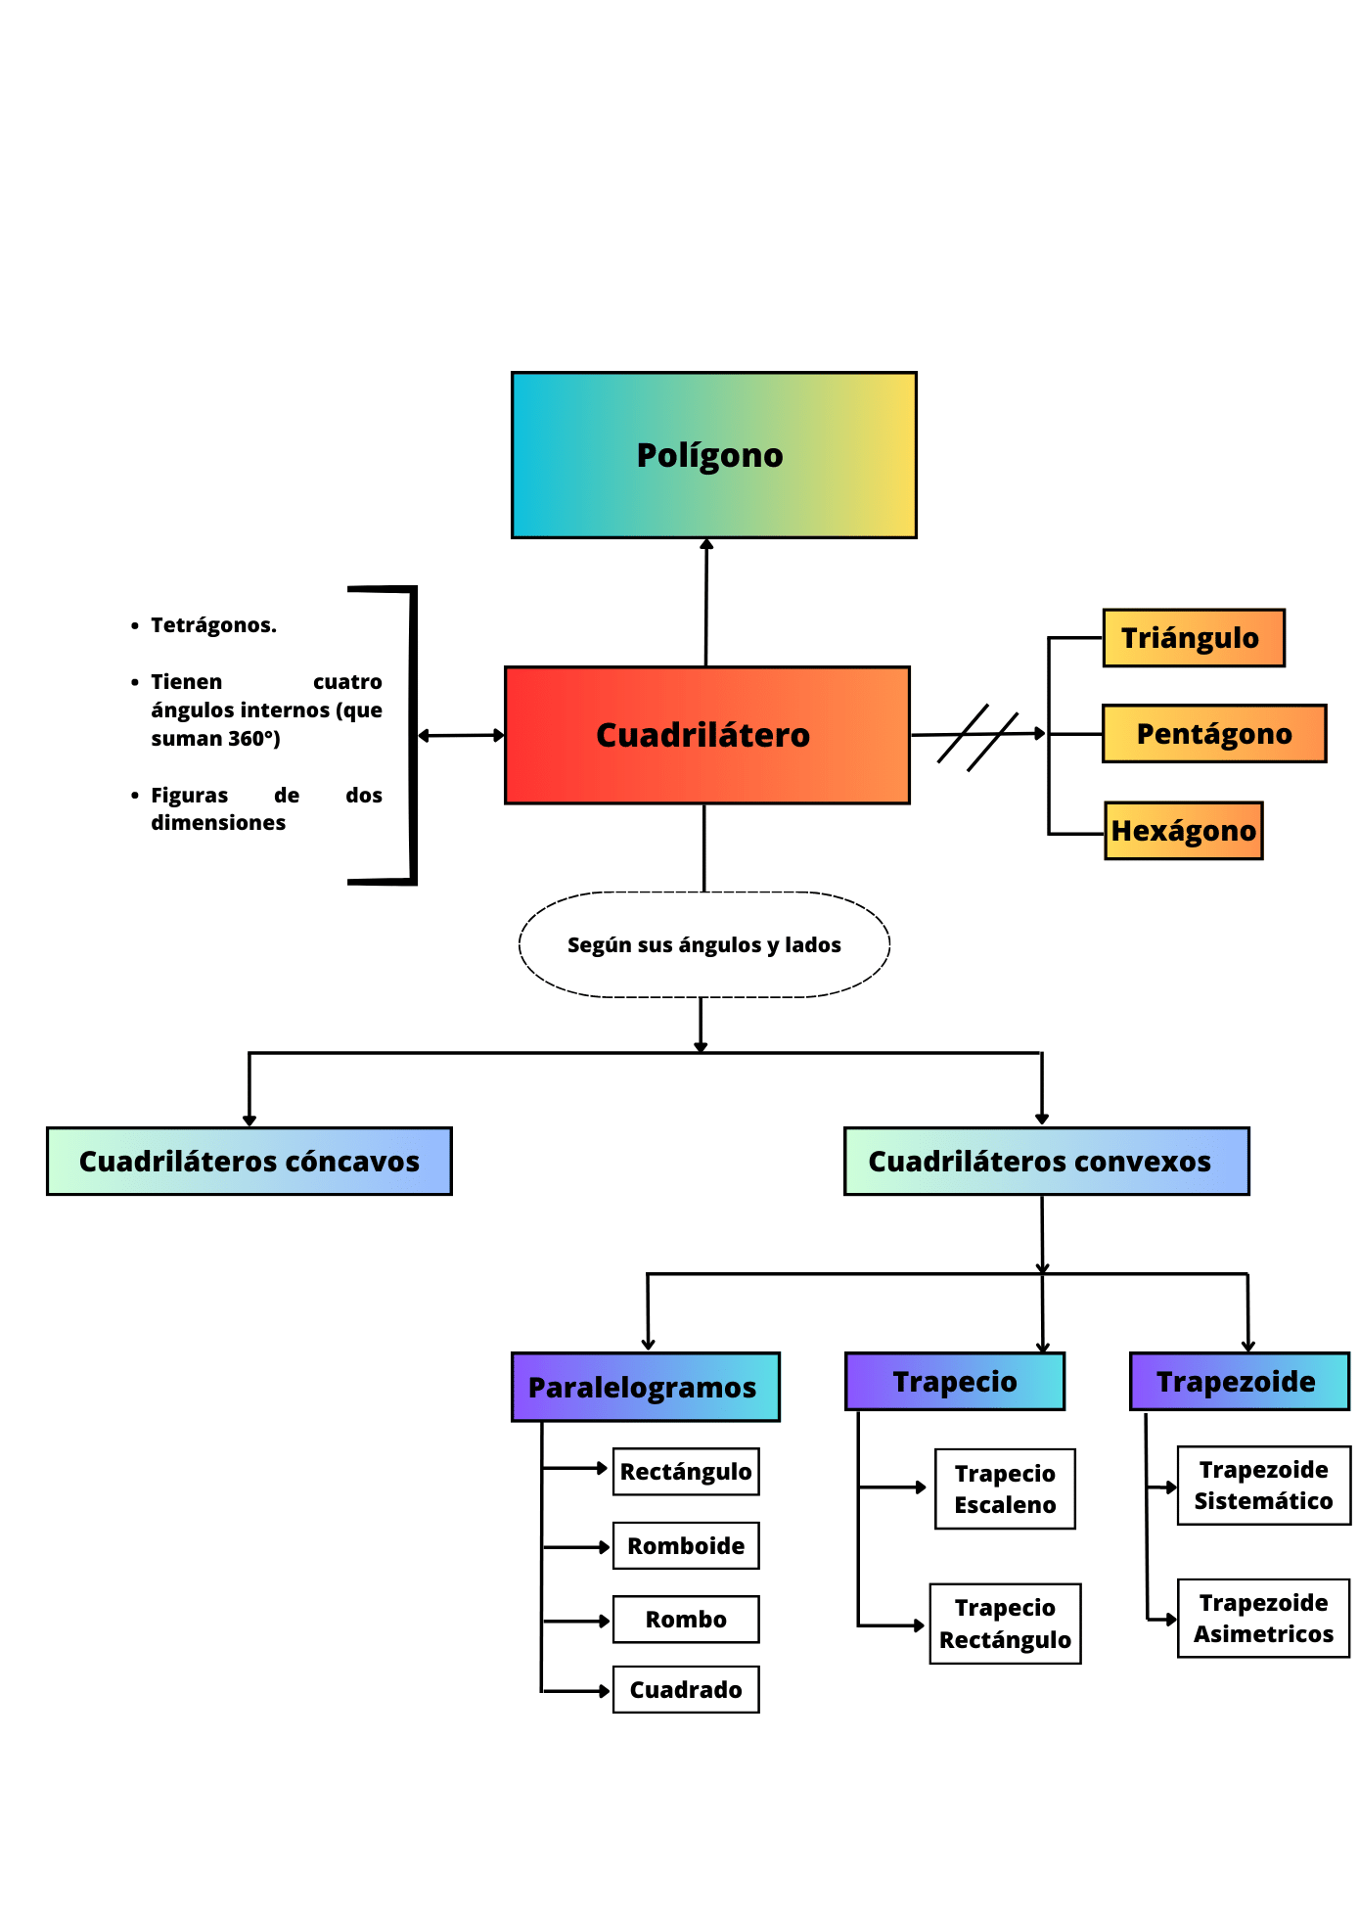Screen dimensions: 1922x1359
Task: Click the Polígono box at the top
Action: click(x=713, y=455)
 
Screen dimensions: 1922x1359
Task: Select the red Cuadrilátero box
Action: click(x=706, y=735)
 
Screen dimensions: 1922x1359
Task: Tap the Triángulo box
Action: click(x=1193, y=638)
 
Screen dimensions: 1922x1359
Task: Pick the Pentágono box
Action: click(x=1213, y=733)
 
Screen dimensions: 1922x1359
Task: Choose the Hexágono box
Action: click(x=1183, y=831)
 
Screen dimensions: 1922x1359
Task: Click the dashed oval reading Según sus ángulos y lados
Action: click(x=703, y=944)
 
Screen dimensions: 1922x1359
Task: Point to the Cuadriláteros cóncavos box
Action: click(x=249, y=1161)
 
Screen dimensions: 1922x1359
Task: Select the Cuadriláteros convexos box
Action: click(x=1046, y=1161)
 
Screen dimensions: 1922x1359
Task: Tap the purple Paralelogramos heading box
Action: click(x=645, y=1387)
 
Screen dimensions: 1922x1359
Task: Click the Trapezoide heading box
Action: click(x=1239, y=1381)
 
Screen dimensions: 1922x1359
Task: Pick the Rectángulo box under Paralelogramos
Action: click(x=685, y=1471)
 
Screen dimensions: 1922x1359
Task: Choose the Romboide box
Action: click(x=685, y=1545)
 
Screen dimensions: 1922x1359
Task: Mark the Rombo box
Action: click(x=685, y=1619)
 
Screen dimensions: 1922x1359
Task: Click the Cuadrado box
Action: click(x=685, y=1689)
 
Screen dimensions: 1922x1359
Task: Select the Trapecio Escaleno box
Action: click(x=1005, y=1488)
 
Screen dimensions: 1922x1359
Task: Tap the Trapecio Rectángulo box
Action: click(x=1005, y=1624)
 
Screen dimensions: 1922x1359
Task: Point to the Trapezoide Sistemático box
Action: click(x=1263, y=1485)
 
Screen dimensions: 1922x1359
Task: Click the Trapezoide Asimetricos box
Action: click(x=1263, y=1618)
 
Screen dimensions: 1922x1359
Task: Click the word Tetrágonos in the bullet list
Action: click(x=213, y=625)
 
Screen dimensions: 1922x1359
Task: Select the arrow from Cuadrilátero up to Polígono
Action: click(x=705, y=602)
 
